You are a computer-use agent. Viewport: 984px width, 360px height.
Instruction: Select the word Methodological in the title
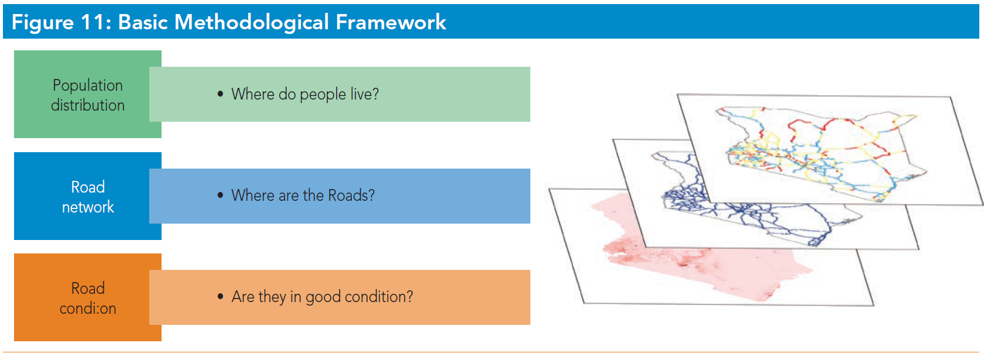click(x=251, y=22)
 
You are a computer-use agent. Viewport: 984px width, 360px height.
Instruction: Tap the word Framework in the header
click(x=391, y=22)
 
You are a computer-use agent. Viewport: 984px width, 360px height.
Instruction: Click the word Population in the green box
click(x=88, y=85)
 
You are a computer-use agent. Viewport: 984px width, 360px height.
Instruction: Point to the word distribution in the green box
click(x=88, y=105)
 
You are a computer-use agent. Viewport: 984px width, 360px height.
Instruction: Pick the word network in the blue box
click(x=88, y=207)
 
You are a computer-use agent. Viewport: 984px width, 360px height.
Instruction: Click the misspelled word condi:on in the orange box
click(x=88, y=308)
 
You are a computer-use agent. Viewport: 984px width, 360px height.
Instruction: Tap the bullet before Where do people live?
click(x=221, y=94)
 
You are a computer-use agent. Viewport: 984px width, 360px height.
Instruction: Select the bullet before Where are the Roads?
click(x=221, y=195)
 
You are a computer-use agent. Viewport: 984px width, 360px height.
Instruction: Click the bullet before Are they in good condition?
click(x=221, y=296)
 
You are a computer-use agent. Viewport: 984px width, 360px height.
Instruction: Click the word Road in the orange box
click(x=88, y=289)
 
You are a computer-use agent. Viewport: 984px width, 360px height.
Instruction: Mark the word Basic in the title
click(x=143, y=22)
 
